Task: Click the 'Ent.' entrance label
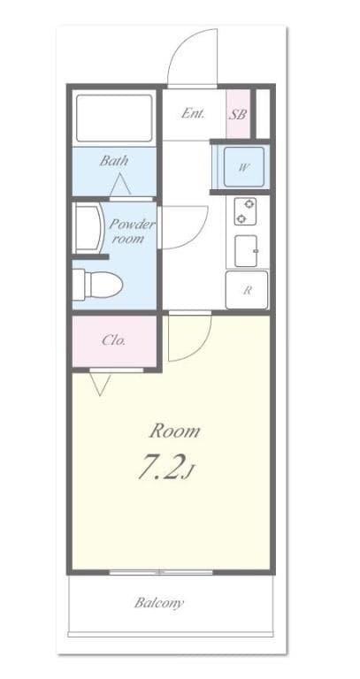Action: point(193,113)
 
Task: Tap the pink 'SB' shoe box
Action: point(237,114)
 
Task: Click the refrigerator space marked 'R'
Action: point(247,289)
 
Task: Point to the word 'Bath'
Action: point(113,161)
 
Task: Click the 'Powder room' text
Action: point(132,232)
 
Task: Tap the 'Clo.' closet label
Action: point(113,339)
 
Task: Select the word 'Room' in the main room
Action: point(173,431)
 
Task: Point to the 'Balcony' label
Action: point(159,603)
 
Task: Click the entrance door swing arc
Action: point(191,55)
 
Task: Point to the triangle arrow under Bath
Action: point(120,187)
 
